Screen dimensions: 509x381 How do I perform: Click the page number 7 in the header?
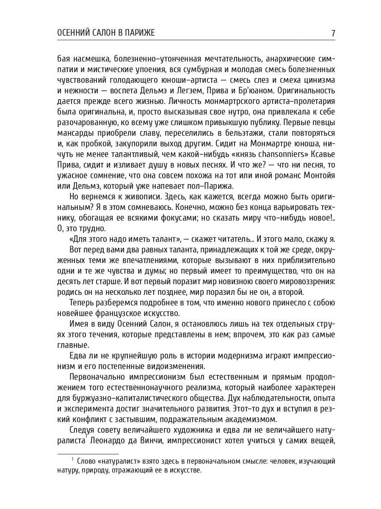(x=333, y=33)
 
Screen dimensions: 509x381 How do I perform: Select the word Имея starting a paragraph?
(x=77, y=324)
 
